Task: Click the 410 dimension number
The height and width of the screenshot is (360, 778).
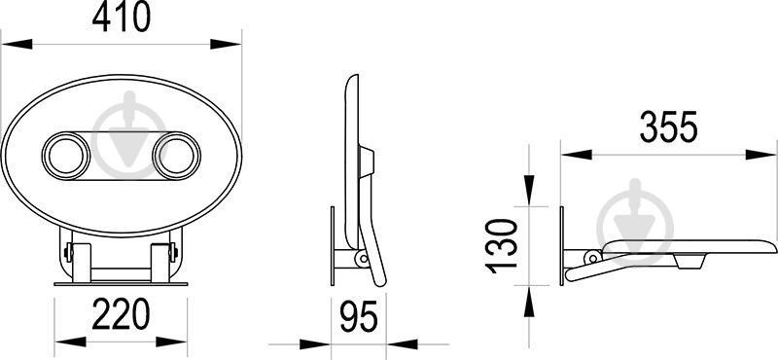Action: pyautogui.click(x=121, y=17)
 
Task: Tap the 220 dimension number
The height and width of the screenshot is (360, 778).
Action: pyautogui.click(x=121, y=314)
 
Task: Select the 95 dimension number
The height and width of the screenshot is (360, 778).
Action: pyautogui.click(x=359, y=316)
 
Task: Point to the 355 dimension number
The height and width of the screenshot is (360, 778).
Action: pyautogui.click(x=668, y=127)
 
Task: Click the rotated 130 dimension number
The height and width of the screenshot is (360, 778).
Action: pyautogui.click(x=501, y=246)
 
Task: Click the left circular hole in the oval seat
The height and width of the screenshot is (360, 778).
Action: pyautogui.click(x=66, y=156)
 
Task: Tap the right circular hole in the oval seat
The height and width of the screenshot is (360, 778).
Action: pyautogui.click(x=176, y=156)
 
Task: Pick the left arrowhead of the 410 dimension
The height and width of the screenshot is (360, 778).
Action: pyautogui.click(x=17, y=44)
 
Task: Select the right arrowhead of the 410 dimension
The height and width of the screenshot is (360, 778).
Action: pyautogui.click(x=226, y=44)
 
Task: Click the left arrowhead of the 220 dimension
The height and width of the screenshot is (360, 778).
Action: pyautogui.click(x=70, y=342)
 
